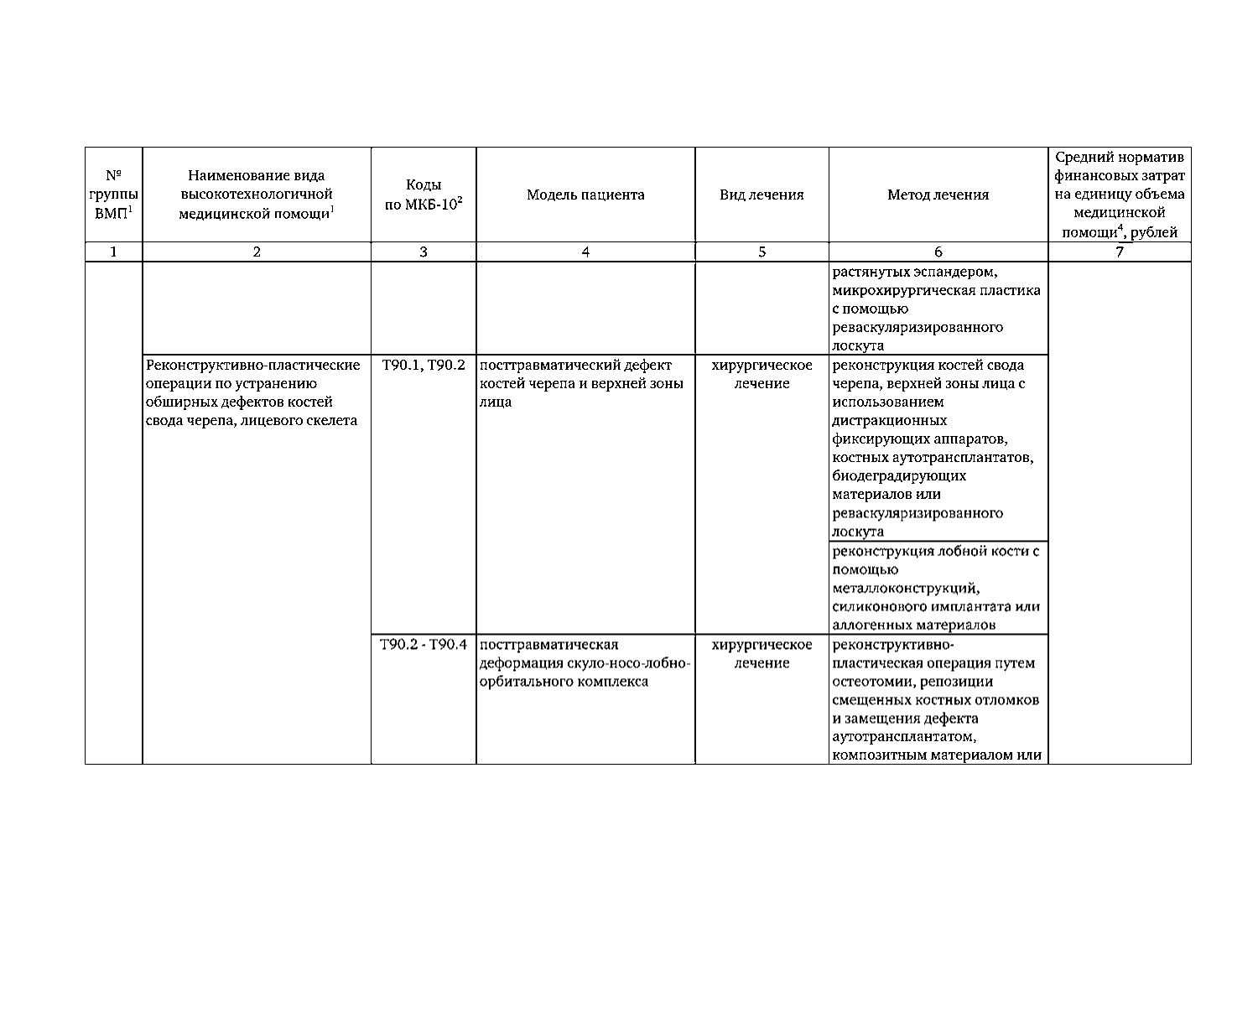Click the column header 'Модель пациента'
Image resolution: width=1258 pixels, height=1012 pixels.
[585, 195]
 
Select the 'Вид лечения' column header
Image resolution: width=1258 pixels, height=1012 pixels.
[762, 195]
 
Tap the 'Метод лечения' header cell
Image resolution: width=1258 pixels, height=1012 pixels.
[938, 195]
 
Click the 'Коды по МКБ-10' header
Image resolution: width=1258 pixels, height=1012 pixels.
[424, 195]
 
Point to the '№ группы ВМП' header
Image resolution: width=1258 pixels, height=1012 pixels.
[113, 195]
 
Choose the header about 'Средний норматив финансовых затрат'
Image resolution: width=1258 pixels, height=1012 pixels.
[1120, 195]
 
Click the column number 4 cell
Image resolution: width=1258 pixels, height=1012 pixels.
[585, 252]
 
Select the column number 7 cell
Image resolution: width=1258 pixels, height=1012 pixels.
[1120, 252]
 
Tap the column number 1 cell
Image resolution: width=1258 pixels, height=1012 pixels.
[113, 252]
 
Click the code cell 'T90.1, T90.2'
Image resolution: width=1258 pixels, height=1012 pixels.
[424, 365]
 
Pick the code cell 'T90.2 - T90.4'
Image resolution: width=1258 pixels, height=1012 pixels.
[424, 644]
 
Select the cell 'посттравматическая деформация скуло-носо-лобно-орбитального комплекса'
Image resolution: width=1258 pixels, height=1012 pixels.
[585, 662]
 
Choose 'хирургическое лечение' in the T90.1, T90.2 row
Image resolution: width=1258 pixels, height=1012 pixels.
[762, 374]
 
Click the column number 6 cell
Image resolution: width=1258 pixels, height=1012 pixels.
[938, 252]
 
